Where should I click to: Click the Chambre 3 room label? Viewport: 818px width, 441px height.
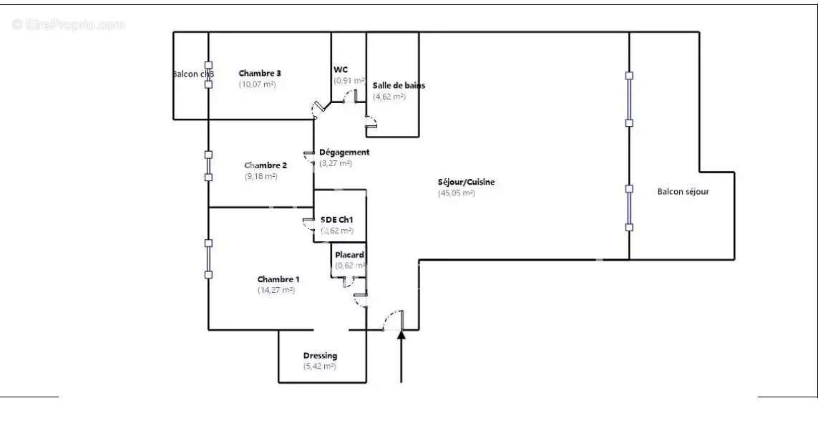coord(260,73)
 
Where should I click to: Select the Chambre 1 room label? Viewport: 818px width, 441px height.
coord(278,279)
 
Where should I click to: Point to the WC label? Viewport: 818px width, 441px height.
coord(341,69)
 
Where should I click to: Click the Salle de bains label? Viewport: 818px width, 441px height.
coord(399,85)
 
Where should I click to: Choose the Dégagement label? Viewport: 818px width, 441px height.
coord(344,152)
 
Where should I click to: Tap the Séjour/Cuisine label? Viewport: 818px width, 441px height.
coord(466,182)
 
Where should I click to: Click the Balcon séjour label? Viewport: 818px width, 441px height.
coord(683,191)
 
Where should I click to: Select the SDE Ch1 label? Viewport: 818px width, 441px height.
coord(337,220)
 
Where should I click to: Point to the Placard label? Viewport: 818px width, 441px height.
coord(349,255)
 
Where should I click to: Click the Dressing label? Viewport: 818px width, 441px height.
coord(320,356)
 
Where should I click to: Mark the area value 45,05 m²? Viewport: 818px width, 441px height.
coord(457,193)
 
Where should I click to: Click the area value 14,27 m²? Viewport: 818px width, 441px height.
coord(276,290)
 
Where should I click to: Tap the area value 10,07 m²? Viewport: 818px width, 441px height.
coord(257,84)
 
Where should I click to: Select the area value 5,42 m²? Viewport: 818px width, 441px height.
coord(319,367)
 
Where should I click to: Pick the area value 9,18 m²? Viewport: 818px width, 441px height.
coord(261,176)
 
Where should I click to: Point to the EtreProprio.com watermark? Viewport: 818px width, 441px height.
coord(68,24)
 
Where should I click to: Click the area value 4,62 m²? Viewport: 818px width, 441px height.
coord(389,96)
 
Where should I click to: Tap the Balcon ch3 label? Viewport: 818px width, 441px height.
coord(193,74)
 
